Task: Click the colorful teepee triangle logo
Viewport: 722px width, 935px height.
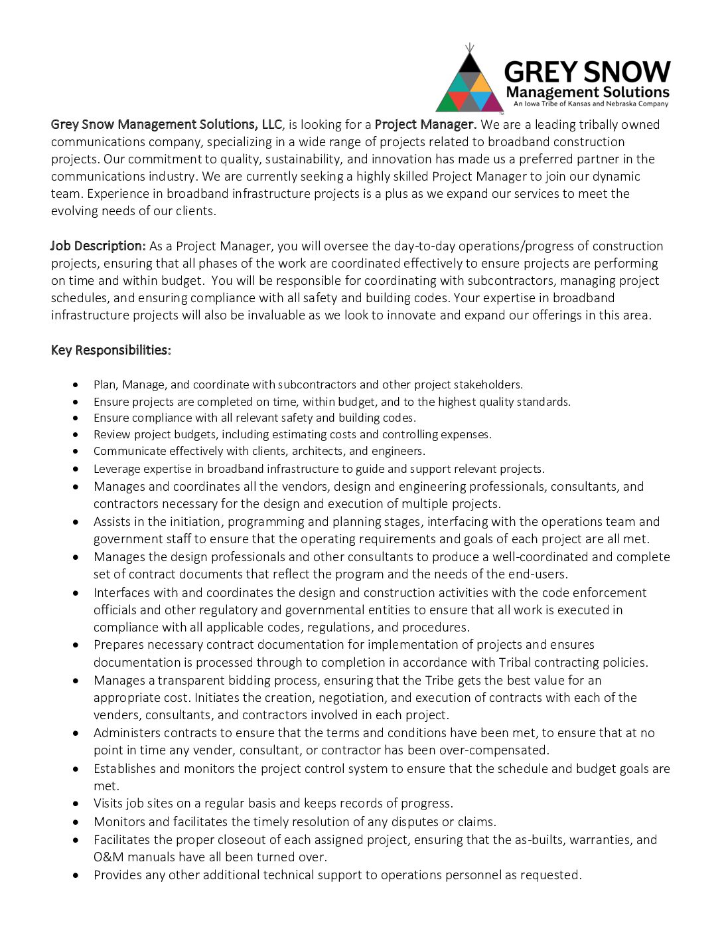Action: coord(469,83)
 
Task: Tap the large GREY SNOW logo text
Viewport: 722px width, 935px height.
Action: coord(587,72)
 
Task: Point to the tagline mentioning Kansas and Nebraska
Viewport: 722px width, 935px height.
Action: coord(591,104)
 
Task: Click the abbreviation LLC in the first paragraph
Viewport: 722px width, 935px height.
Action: coord(271,124)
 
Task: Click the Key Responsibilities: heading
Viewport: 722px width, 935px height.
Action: coord(111,350)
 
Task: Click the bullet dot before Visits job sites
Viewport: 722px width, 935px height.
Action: coord(77,804)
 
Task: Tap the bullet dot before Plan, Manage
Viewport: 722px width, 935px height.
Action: coord(77,384)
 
